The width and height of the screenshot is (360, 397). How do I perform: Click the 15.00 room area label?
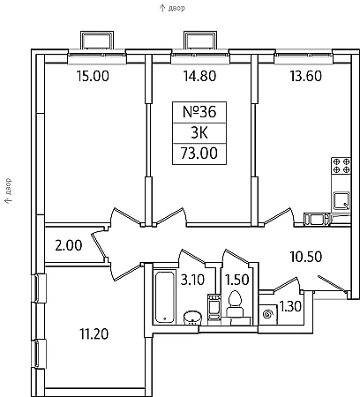[x=93, y=76]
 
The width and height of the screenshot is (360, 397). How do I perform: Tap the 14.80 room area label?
[x=199, y=76]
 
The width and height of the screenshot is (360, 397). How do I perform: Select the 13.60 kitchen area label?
[x=306, y=76]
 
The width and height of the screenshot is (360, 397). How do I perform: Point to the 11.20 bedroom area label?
[x=94, y=333]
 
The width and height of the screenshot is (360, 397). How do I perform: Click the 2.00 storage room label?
[x=69, y=245]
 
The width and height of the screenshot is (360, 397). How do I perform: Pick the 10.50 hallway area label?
[x=306, y=257]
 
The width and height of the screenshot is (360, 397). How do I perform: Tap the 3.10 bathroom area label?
[x=192, y=280]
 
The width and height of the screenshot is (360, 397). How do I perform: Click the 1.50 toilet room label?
[x=237, y=280]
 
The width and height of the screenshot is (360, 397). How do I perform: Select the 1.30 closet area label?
[x=290, y=306]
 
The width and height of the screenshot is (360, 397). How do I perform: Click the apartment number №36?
[x=199, y=112]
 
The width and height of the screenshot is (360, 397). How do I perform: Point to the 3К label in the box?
[x=199, y=133]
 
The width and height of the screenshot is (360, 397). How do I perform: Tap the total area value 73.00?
[x=199, y=154]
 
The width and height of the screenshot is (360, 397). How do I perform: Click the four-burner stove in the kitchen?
[x=341, y=166]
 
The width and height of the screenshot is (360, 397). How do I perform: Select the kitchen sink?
[x=341, y=200]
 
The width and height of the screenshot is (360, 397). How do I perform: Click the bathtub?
[x=164, y=297]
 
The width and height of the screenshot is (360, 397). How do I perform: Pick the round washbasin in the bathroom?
[x=192, y=318]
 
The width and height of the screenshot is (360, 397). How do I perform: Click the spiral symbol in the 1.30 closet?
[x=267, y=315]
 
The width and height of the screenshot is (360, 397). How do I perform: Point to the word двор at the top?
[x=176, y=8]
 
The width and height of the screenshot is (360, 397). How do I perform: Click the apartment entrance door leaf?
[x=332, y=284]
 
